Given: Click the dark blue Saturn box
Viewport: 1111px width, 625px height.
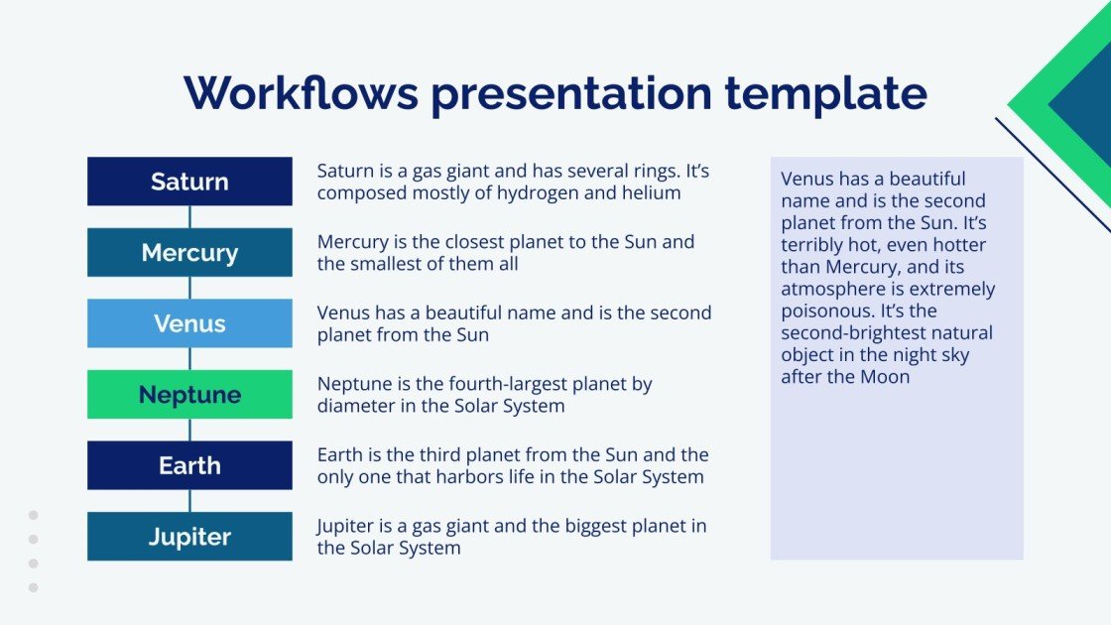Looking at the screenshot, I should (189, 182).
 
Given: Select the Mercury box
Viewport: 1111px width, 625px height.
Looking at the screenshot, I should (189, 252).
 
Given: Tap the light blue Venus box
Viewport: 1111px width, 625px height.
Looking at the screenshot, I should (189, 323).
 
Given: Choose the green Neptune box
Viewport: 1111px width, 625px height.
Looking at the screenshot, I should (189, 395).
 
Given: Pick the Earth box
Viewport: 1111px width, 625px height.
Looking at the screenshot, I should (189, 465).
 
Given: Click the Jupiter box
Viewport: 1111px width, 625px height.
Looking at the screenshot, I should (189, 537).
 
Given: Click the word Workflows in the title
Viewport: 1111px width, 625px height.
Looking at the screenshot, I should (300, 93).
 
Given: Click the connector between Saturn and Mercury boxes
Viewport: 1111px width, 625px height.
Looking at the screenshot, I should (189, 217).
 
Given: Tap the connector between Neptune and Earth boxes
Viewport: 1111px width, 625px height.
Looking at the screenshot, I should (189, 430).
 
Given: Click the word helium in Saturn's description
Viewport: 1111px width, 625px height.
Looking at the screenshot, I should (652, 193).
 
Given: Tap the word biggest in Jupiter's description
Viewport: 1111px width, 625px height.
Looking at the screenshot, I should (566, 527).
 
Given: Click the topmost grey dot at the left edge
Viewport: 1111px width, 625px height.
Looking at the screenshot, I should (33, 515).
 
